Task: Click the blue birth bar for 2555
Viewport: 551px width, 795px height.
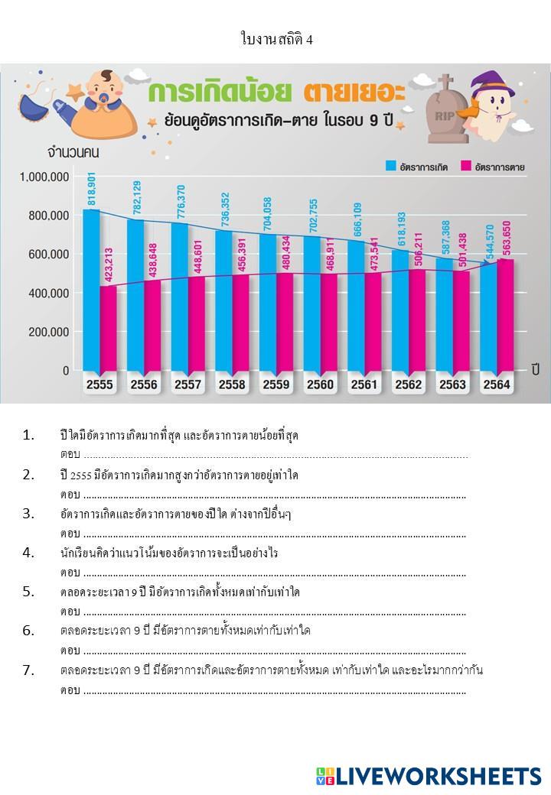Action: tap(91, 290)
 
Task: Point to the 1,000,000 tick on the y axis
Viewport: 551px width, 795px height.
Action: tap(44, 177)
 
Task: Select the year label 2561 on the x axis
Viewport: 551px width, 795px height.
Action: tap(364, 385)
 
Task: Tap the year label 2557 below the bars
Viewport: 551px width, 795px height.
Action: tap(188, 385)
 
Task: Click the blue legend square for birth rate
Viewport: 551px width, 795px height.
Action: tap(390, 166)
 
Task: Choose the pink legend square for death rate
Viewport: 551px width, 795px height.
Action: tap(465, 166)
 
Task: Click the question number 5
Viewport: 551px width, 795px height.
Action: tap(28, 591)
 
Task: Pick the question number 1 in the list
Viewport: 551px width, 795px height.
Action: tap(28, 435)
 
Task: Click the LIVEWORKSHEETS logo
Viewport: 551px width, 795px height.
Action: tap(429, 776)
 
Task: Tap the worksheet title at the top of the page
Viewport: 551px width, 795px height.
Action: tap(275, 40)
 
